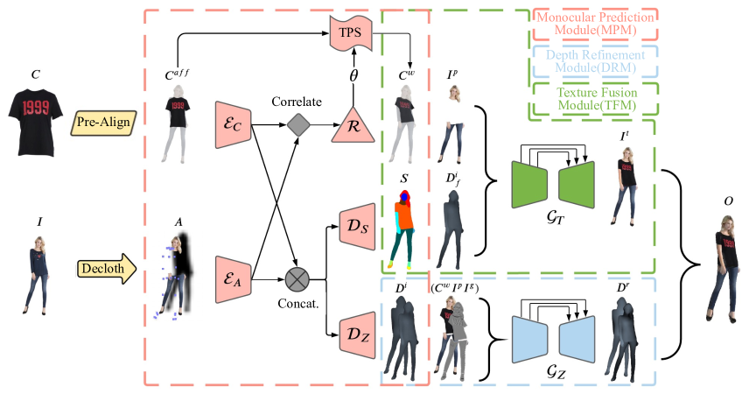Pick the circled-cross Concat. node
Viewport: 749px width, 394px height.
pyautogui.click(x=299, y=280)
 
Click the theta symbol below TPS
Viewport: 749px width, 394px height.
pyautogui.click(x=354, y=77)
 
